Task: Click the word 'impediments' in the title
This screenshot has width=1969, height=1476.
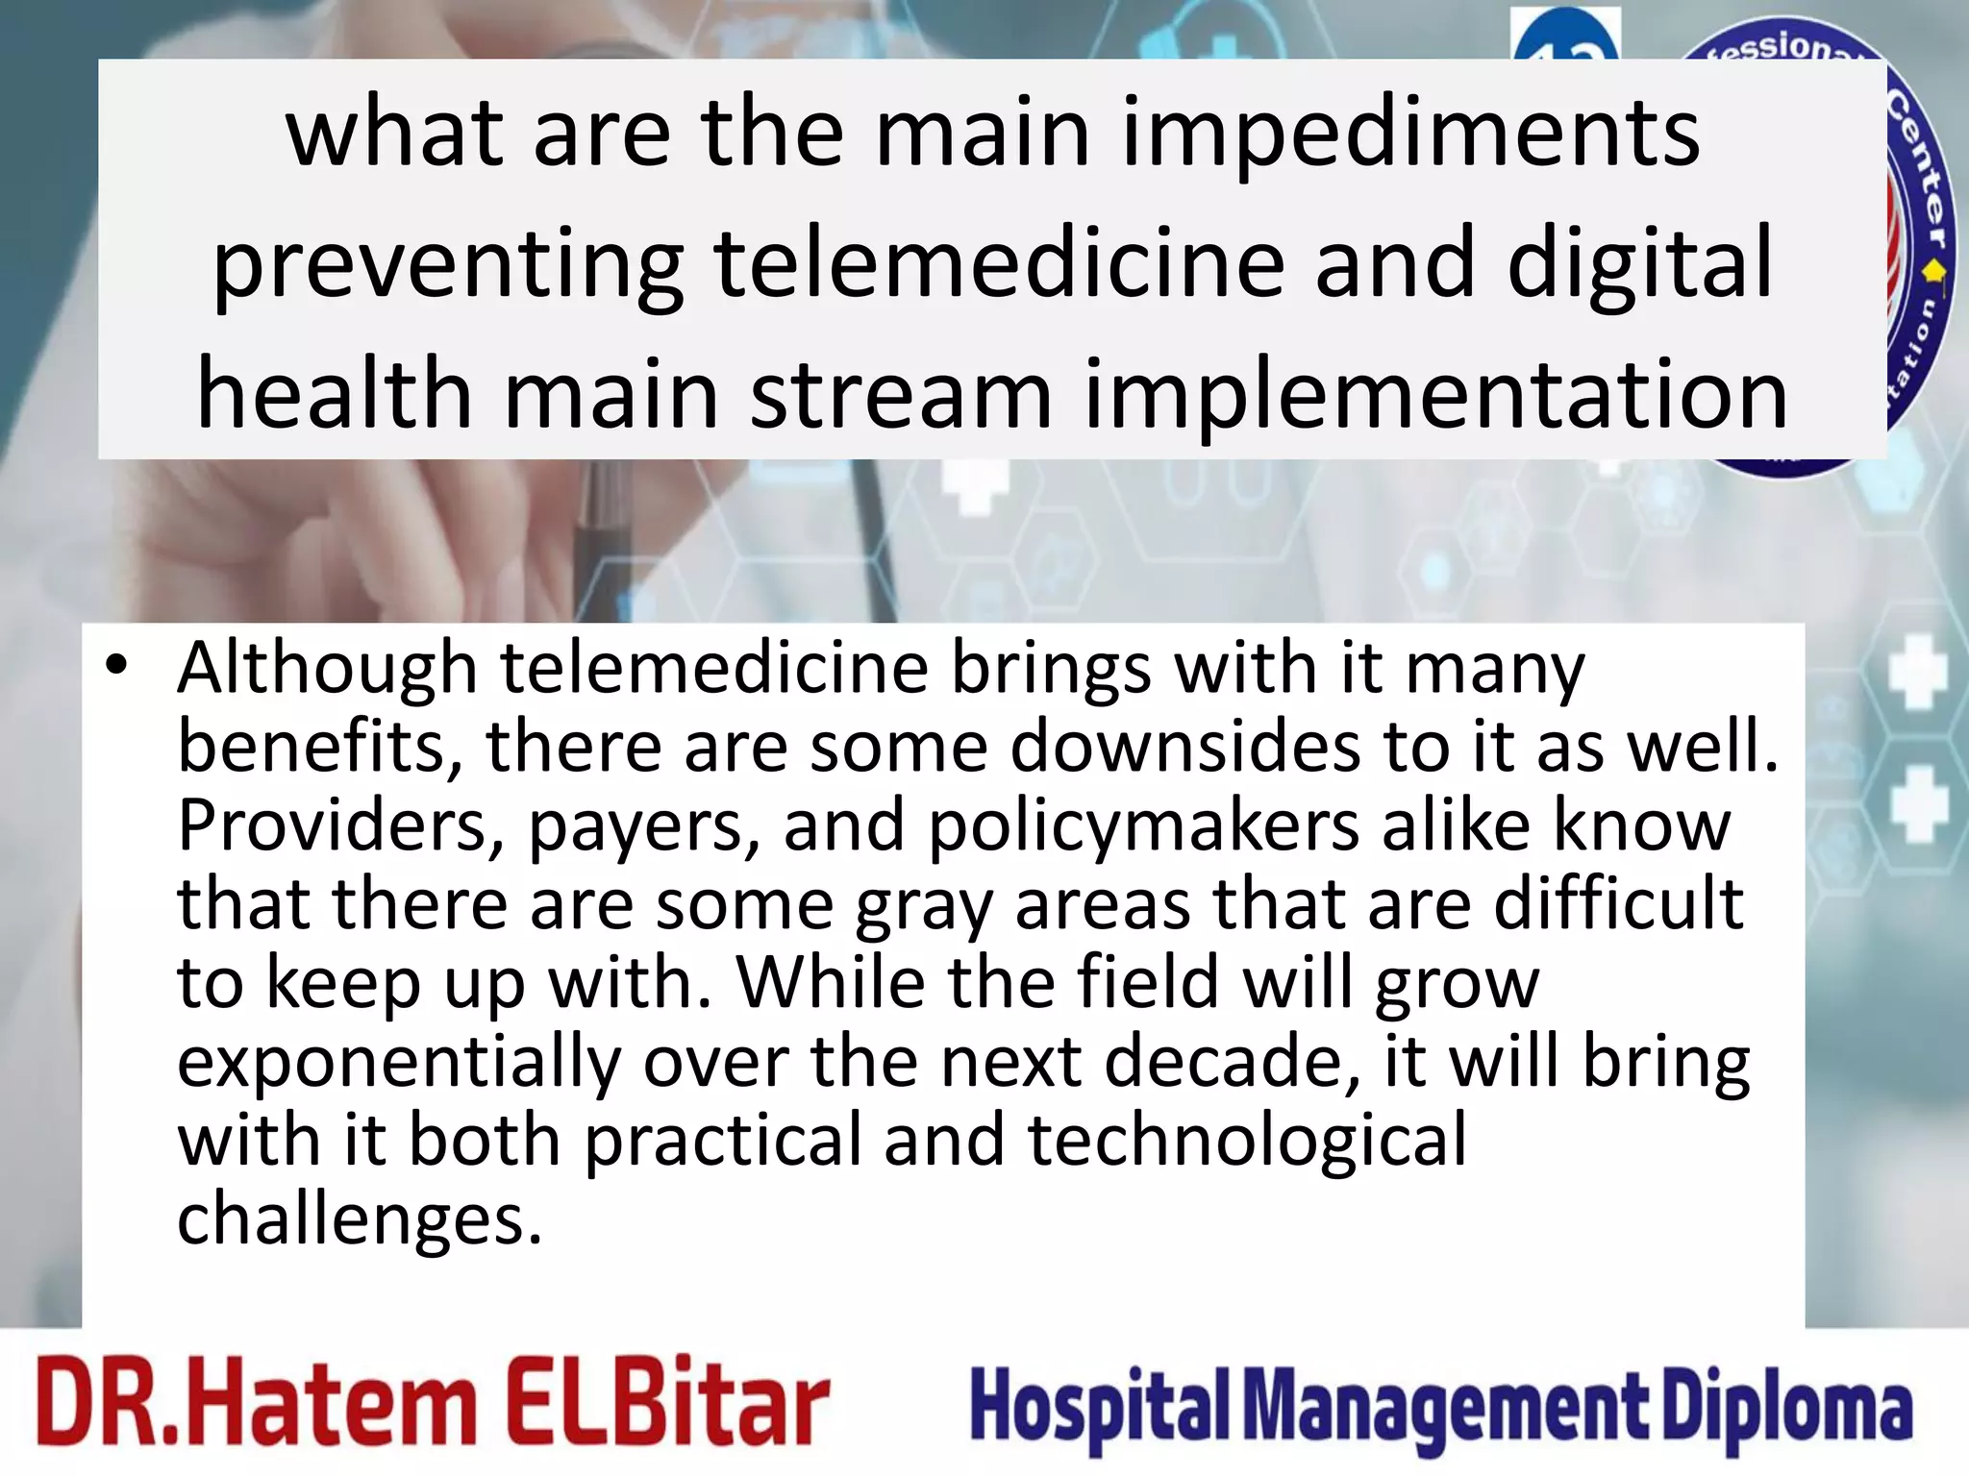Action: pyautogui.click(x=1410, y=135)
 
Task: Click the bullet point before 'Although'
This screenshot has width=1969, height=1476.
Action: pyautogui.click(x=116, y=665)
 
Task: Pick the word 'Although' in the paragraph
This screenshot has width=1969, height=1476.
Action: pyautogui.click(x=327, y=670)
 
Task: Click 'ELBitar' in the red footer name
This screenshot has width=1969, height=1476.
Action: pyautogui.click(x=665, y=1402)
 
